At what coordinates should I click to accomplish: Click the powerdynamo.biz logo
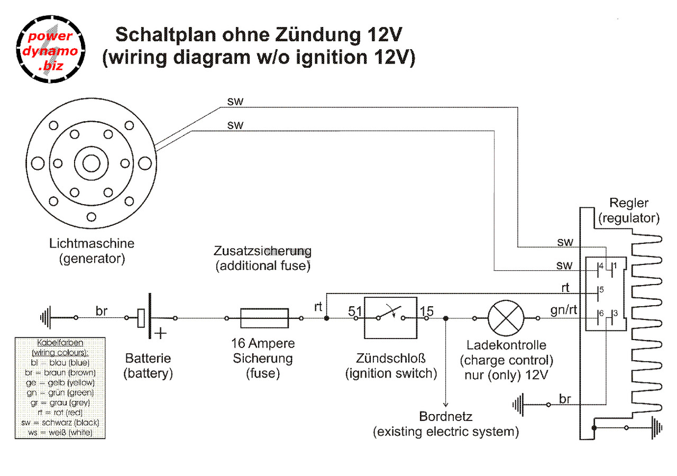coord(50,49)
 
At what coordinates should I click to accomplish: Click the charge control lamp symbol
coord(506,318)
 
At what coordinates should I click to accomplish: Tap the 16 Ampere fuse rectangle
coord(264,318)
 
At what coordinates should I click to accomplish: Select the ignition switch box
coord(390,318)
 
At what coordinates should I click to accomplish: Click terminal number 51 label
coord(355,311)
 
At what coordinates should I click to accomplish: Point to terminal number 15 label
coord(427,311)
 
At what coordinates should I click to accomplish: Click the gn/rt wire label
coord(564,310)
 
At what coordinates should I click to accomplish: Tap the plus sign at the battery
coord(160,333)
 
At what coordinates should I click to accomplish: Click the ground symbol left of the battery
coord(45,318)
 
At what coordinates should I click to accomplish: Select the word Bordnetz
coord(445,416)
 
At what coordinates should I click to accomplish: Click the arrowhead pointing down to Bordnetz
coord(445,405)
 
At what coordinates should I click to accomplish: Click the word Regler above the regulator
coord(629,203)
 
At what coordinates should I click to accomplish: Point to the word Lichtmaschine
coord(92,243)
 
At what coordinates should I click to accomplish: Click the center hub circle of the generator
coord(92,163)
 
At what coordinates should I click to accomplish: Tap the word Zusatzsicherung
coord(262,251)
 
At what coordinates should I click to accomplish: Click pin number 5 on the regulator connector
coord(601,290)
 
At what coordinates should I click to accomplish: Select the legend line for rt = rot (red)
coord(60,413)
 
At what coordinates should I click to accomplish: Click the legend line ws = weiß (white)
coord(60,433)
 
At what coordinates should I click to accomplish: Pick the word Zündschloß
coord(390,359)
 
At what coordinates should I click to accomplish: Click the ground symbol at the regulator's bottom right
coord(656,428)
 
